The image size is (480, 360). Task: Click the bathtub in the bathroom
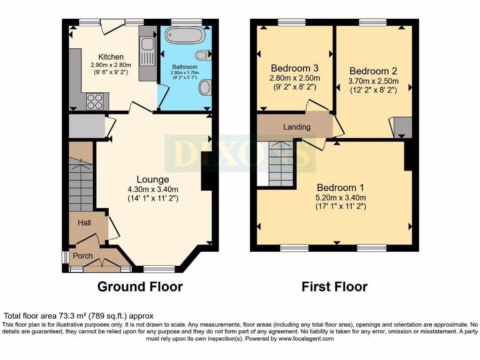pos(184,35)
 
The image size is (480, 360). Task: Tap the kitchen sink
pos(147,44)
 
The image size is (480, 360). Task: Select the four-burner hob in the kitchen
pos(95,102)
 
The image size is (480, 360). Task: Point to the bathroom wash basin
pos(205,87)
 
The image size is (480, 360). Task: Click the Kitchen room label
pos(111,57)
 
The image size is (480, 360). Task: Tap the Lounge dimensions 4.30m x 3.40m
pos(153,189)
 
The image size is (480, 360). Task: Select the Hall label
pos(84,223)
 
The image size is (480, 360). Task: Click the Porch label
pos(82,255)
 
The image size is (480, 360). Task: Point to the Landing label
pos(297,127)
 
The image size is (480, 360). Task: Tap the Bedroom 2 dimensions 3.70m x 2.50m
pos(373,81)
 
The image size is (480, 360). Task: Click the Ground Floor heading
pos(140,286)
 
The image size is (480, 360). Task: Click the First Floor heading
pos(334,286)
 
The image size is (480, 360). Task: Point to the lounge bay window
pos(159,269)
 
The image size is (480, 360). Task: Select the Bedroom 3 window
pos(292,22)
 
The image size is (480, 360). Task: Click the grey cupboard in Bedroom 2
pos(403,127)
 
